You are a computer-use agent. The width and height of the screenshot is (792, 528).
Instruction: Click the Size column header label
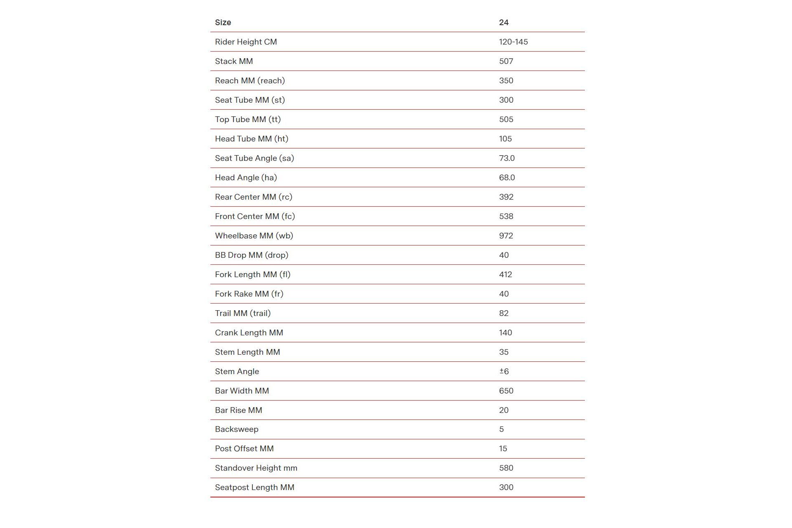(x=223, y=22)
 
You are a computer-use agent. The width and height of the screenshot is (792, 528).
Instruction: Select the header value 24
(x=504, y=22)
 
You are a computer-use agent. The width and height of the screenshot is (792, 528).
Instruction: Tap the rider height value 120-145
(x=513, y=42)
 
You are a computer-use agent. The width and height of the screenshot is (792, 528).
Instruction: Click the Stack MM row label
(x=234, y=61)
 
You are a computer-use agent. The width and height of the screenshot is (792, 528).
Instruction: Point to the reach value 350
(x=506, y=80)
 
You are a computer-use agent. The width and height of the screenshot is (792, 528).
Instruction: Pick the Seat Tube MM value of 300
(x=506, y=100)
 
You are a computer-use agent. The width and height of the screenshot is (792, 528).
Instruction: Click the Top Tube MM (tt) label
(x=247, y=119)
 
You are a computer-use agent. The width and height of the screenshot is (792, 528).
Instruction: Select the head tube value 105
(x=505, y=139)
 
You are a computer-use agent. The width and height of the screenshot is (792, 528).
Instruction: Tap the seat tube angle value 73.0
(x=507, y=158)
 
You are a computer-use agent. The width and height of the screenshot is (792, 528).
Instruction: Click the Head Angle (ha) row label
(x=246, y=177)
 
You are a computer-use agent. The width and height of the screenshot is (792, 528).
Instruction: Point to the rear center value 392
(x=506, y=197)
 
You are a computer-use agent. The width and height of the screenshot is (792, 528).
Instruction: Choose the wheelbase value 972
(x=506, y=236)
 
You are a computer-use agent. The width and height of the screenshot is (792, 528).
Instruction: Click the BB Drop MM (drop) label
(x=252, y=255)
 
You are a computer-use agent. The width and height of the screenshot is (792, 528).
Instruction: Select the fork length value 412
(x=505, y=274)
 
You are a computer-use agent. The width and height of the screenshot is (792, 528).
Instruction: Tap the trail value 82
(x=504, y=313)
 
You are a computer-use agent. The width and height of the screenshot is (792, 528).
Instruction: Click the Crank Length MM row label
(x=249, y=332)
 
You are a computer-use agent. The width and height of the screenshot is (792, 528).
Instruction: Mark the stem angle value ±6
(x=504, y=371)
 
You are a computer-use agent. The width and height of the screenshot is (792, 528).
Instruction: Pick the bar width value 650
(x=506, y=391)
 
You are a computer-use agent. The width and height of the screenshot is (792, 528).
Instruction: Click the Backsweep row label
(x=236, y=429)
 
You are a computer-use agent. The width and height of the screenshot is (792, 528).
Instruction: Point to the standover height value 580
(x=506, y=468)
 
